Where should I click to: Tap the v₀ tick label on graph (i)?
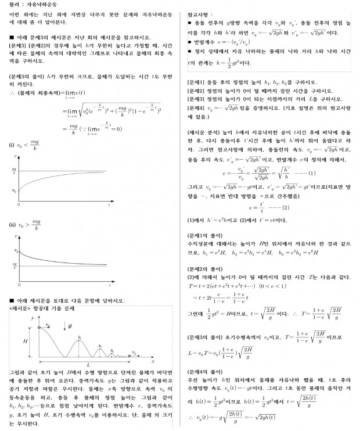click(14, 190)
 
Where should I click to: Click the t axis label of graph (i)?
click(109, 205)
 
